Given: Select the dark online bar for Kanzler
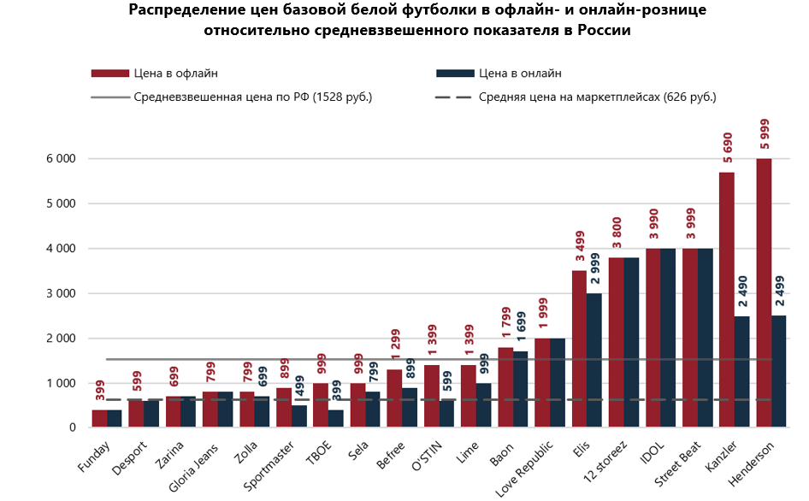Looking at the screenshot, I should [x=742, y=371].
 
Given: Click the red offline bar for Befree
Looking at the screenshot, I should [x=394, y=398].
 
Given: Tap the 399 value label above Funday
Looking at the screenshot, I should [x=100, y=391].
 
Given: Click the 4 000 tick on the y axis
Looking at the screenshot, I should [x=60, y=249].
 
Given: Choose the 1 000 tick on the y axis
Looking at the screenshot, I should [x=60, y=383].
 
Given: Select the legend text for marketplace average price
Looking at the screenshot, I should [x=597, y=97].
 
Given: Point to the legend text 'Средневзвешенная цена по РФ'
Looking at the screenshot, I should [x=252, y=97].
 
